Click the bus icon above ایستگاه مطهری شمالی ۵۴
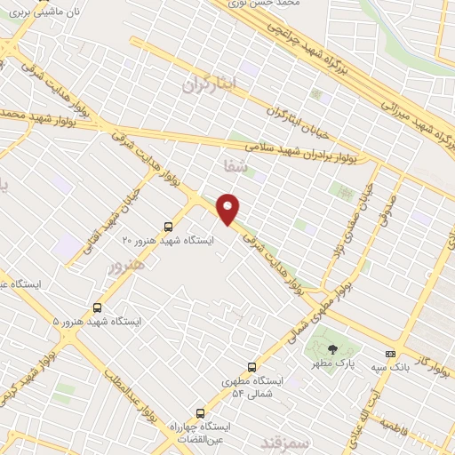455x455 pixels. click(x=251, y=366)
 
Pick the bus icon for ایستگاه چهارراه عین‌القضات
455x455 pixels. click(x=200, y=412)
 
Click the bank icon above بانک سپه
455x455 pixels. click(x=389, y=352)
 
